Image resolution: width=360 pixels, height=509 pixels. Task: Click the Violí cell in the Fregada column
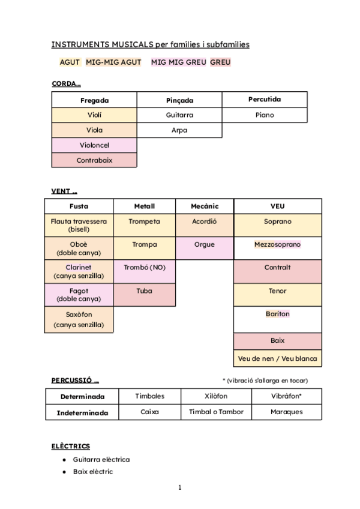tap(94, 115)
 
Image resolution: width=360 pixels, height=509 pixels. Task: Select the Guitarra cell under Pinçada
tap(179, 115)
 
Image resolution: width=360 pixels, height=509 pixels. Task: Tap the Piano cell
tap(264, 115)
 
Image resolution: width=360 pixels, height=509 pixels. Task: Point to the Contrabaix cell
tap(94, 160)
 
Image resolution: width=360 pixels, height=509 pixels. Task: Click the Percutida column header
tap(264, 99)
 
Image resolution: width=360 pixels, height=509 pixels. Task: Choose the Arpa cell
tap(179, 130)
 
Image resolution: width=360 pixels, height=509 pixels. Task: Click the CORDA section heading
tap(66, 84)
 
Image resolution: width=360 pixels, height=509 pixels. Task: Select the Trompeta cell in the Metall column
tap(144, 221)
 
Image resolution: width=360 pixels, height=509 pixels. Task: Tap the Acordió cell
tap(204, 221)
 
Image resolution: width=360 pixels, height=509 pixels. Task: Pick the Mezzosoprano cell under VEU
tap(277, 244)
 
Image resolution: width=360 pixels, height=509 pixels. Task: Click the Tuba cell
tap(144, 291)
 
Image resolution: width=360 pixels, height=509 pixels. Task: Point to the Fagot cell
tap(79, 294)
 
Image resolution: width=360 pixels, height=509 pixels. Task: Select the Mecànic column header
tap(204, 206)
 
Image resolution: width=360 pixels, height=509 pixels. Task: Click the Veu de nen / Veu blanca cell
tap(277, 359)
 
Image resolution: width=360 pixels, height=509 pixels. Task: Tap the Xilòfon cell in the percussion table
tap(216, 396)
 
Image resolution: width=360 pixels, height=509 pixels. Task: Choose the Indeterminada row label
tap(82, 412)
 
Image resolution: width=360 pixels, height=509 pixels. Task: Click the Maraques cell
tap(286, 412)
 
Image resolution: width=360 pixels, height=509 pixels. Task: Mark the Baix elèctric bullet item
tap(93, 472)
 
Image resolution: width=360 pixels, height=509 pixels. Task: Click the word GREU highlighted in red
tap(220, 62)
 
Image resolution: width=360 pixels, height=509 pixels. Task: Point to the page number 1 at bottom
tap(179, 487)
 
